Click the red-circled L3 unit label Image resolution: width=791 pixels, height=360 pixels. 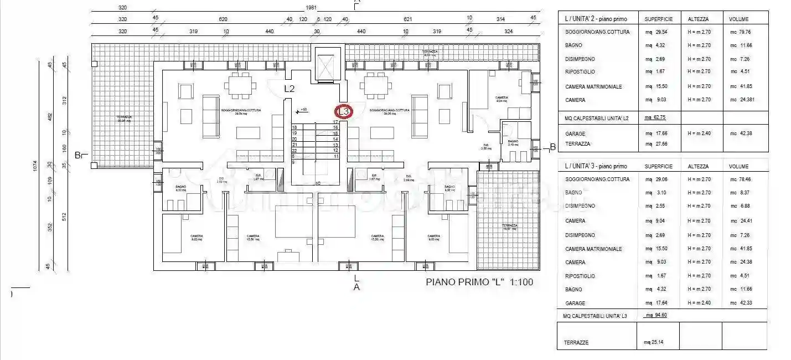344,111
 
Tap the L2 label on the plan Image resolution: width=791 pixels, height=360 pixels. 289,89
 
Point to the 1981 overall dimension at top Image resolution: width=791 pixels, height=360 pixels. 311,8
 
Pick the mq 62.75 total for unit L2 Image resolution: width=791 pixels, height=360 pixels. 655,117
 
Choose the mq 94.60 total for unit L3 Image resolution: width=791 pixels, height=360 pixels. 656,315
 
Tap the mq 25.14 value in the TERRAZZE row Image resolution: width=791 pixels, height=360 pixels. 653,342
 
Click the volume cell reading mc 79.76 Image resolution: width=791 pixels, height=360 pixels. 741,32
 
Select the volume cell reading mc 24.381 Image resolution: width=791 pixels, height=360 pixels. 742,100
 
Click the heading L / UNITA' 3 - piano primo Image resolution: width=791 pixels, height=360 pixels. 596,166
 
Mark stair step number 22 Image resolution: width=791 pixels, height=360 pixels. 294,150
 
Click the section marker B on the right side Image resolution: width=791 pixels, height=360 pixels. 552,147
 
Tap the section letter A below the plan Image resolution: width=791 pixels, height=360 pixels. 356,287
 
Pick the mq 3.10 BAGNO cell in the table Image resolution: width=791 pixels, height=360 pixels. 653,193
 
